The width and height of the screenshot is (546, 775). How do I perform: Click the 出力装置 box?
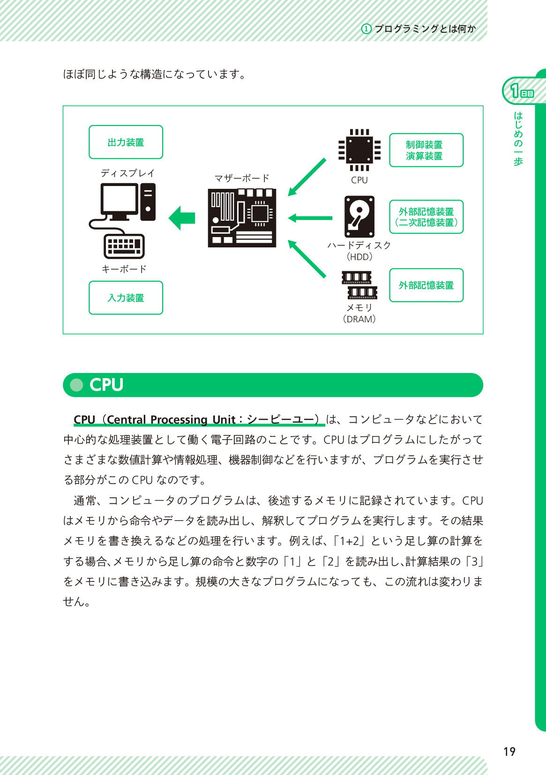pyautogui.click(x=126, y=142)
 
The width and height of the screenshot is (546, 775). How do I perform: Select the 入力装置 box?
pyautogui.click(x=126, y=298)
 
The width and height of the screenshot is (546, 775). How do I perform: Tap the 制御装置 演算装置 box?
pyautogui.click(x=426, y=150)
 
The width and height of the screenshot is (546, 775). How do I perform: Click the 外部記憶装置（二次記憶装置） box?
pyautogui.click(x=426, y=217)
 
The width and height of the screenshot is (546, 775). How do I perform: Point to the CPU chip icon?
pyautogui.click(x=359, y=150)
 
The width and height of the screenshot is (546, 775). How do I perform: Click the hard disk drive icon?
pyautogui.click(x=359, y=216)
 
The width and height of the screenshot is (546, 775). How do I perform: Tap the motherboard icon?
pyautogui.click(x=242, y=218)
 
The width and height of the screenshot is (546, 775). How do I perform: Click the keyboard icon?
pyautogui.click(x=124, y=246)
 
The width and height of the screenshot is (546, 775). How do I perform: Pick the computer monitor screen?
pyautogui.click(x=119, y=199)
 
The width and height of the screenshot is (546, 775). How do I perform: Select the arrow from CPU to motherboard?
pyautogui.click(x=307, y=177)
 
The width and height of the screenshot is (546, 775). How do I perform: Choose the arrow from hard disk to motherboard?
pyautogui.click(x=310, y=218)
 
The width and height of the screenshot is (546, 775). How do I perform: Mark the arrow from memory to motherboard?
pyautogui.click(x=307, y=259)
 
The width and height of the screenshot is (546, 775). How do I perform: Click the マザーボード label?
pyautogui.click(x=242, y=178)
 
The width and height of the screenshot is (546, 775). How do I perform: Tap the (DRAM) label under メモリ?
pyautogui.click(x=359, y=319)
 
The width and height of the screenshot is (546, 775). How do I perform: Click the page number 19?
pyautogui.click(x=509, y=752)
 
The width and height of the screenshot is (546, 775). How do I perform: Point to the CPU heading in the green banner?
pyautogui.click(x=106, y=385)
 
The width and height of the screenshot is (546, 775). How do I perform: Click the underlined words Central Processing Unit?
pyautogui.click(x=171, y=419)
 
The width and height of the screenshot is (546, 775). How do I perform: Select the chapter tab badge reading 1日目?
pyautogui.click(x=521, y=91)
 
